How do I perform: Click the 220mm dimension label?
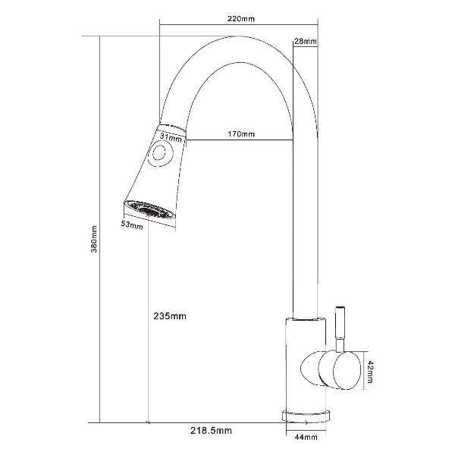(x=241, y=19)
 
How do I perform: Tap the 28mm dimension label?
(x=306, y=41)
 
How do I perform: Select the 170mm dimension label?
(x=241, y=134)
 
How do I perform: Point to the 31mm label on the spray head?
(x=171, y=137)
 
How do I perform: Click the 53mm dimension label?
(x=132, y=224)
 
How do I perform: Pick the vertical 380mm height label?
(x=94, y=239)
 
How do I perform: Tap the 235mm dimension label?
(x=170, y=315)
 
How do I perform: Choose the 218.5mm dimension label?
(x=211, y=431)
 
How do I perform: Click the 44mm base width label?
(x=306, y=437)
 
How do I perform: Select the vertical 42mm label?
(x=370, y=372)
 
